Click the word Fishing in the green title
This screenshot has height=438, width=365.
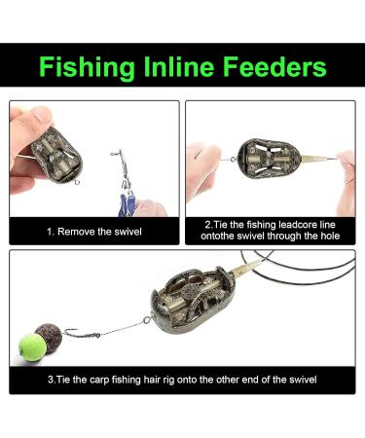(x=85, y=67)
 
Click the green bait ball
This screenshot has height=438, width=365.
(x=30, y=344)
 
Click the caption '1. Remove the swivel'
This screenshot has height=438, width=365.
(x=94, y=233)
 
